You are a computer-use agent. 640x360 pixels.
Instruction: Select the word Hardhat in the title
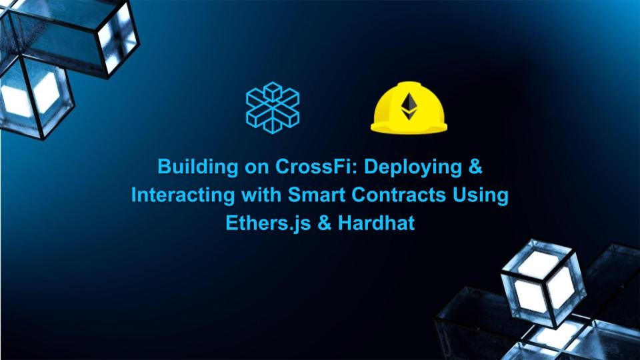click(x=375, y=223)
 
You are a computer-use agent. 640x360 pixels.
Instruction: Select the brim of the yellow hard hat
click(x=408, y=127)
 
